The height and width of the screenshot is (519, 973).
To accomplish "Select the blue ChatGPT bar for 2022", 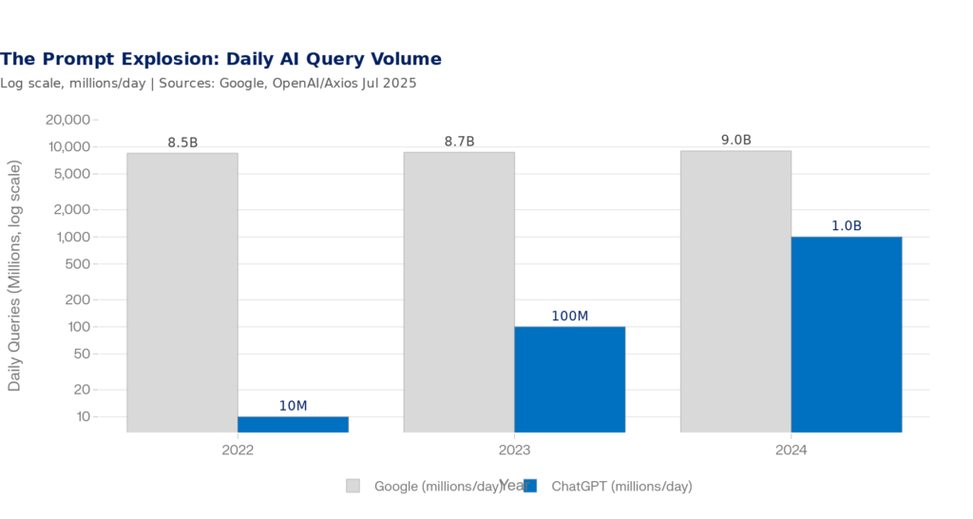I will coord(293,424).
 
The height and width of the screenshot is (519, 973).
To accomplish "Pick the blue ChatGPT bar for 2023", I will coord(570,379).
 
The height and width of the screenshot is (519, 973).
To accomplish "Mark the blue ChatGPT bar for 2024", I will coord(847,334).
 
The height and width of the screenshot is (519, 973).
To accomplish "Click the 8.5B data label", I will coord(182,143).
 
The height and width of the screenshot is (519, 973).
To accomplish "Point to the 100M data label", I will coord(570,316).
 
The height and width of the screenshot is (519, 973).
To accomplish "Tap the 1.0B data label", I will coord(847,226).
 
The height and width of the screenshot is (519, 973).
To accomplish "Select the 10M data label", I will coord(293,406).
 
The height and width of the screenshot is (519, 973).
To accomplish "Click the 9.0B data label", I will coord(736,140).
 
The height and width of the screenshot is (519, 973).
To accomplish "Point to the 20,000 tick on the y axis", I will coord(67,120).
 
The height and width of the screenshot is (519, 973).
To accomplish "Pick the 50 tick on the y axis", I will coord(80,354).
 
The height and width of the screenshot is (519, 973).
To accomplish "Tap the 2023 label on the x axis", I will coord(514,450).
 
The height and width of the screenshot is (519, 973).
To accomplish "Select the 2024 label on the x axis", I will coord(792,450).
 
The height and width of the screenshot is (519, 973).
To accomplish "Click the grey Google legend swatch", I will coord(353,486).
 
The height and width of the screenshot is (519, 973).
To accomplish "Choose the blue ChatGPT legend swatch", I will coord(530,486).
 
